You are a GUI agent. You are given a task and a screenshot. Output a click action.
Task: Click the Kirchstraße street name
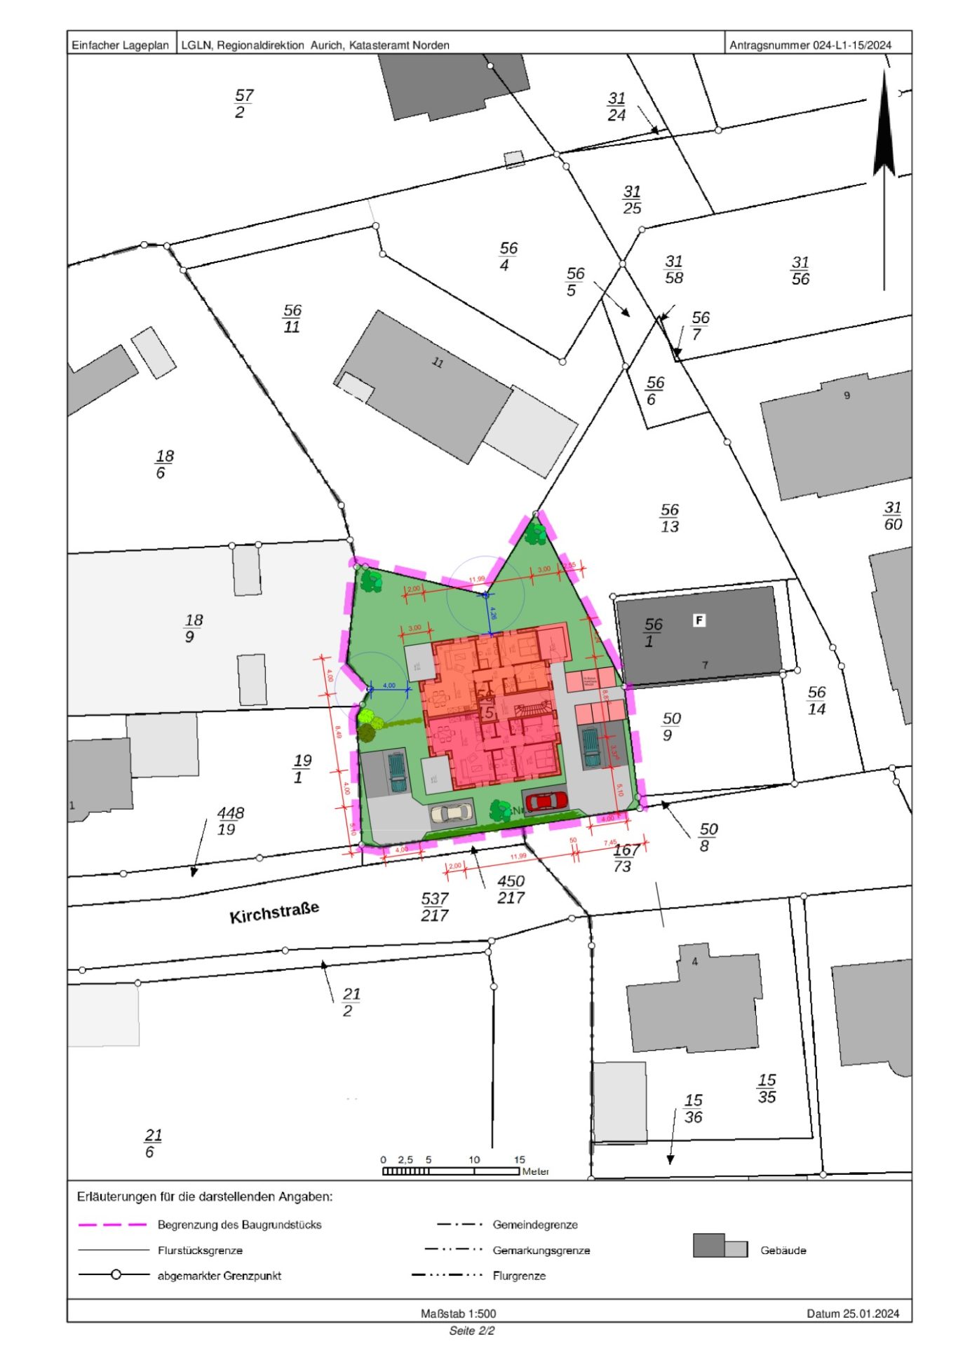[274, 912]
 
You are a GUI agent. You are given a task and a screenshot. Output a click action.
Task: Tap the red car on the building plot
[546, 800]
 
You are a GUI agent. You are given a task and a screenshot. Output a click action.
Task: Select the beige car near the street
[451, 812]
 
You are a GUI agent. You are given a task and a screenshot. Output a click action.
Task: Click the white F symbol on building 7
[699, 620]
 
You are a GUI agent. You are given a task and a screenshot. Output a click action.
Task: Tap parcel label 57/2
[243, 103]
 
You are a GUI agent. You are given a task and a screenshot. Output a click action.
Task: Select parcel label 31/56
[800, 271]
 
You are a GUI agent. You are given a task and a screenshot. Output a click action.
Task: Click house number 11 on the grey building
[438, 362]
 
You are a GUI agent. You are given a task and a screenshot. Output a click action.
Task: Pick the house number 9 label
[846, 395]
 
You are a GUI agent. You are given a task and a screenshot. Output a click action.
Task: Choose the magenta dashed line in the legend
[112, 1225]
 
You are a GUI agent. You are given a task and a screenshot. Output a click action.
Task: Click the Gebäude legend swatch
[720, 1246]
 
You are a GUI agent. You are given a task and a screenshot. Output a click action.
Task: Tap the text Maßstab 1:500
[458, 1313]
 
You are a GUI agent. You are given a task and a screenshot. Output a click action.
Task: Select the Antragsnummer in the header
[810, 45]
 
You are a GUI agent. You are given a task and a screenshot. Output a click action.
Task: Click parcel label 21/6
[152, 1143]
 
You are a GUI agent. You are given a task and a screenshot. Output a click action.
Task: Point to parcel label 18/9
[193, 628]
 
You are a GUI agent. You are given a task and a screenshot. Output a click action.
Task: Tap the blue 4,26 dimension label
[493, 613]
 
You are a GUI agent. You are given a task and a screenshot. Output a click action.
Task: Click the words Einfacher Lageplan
[121, 45]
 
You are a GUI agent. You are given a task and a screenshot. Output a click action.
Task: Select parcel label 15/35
[767, 1089]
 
